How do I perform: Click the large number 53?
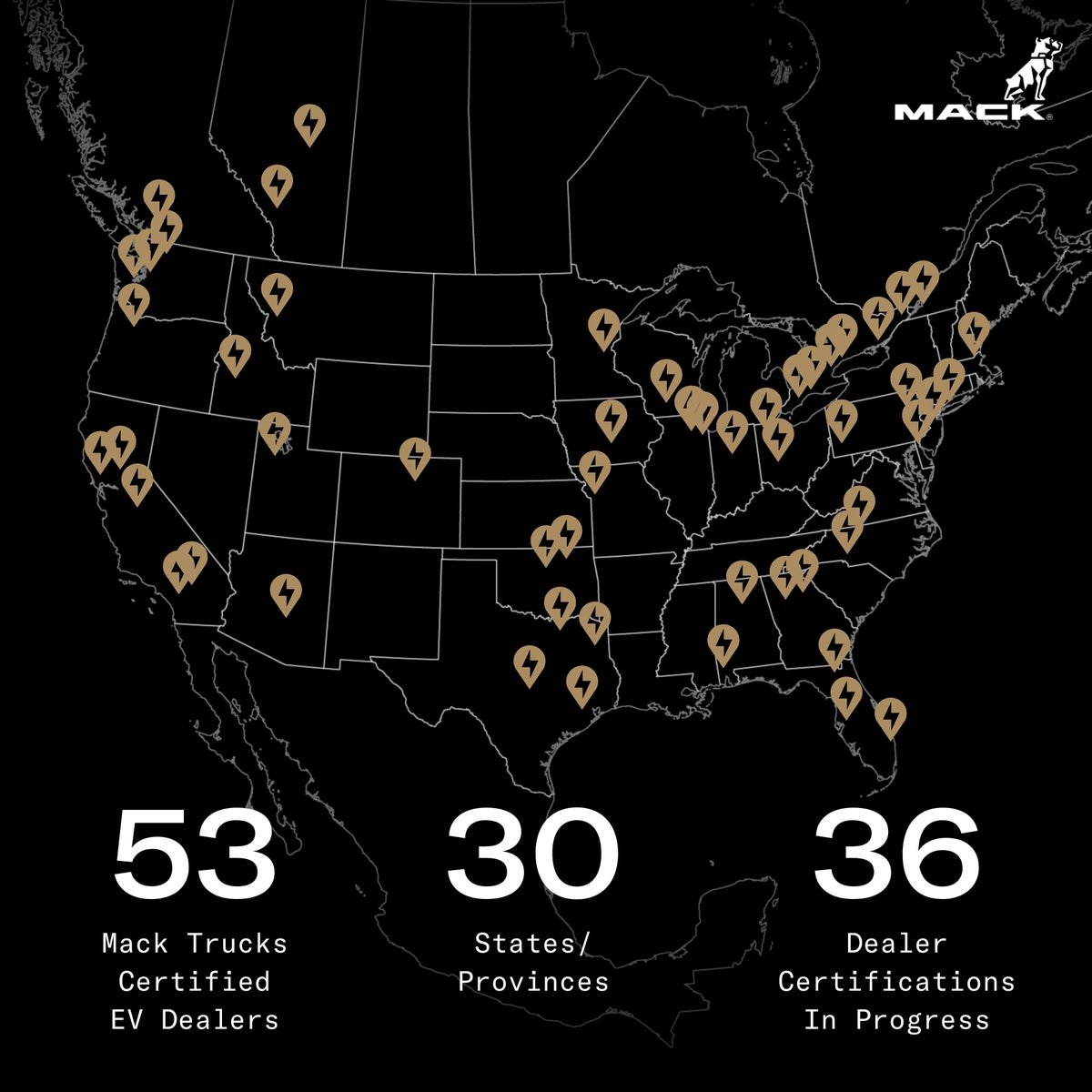tap(194, 854)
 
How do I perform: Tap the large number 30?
tap(532, 854)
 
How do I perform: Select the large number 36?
tap(896, 854)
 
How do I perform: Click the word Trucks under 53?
tap(238, 943)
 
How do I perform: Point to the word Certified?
tap(194, 981)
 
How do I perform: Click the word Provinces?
tap(532, 981)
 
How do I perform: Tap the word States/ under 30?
tap(532, 943)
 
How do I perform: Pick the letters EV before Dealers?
tap(130, 1019)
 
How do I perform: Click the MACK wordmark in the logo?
tap(968, 112)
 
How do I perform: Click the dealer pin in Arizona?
tap(286, 591)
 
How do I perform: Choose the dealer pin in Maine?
tap(973, 329)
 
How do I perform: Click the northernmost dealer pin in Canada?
tap(309, 123)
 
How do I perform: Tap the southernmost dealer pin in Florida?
tap(890, 715)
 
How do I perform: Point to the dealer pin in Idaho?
tap(235, 352)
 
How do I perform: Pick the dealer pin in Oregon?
tap(134, 300)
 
